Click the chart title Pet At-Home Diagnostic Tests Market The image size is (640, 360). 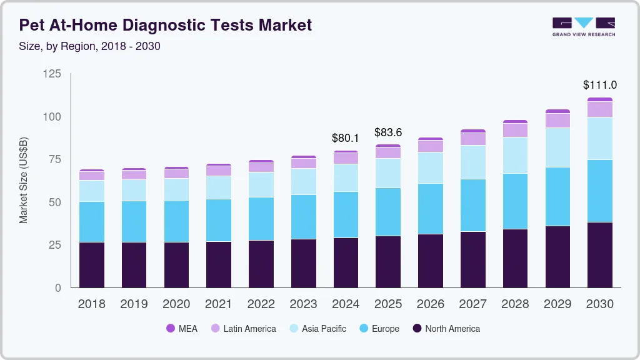coord(165,25)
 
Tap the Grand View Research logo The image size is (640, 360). coord(583,26)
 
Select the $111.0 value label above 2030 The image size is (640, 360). coord(600,84)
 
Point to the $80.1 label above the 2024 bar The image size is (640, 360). coord(346,137)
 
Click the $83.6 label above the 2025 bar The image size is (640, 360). coord(388,132)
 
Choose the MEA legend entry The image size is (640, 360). coord(182,328)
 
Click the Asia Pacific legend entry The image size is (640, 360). coord(317,328)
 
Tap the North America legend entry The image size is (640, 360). coord(446,328)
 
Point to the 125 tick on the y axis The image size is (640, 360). coord(52,74)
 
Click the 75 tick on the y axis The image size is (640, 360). coord(54,159)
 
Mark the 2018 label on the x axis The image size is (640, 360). coord(91,304)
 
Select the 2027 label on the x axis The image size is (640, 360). coord(472,304)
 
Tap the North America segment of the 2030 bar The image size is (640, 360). coord(600,255)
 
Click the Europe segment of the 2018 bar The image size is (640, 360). coord(91,222)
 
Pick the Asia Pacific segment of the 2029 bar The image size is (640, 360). coord(557,147)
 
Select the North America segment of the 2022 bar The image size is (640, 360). coord(261,264)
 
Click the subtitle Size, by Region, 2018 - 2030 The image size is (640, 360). coord(90,46)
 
